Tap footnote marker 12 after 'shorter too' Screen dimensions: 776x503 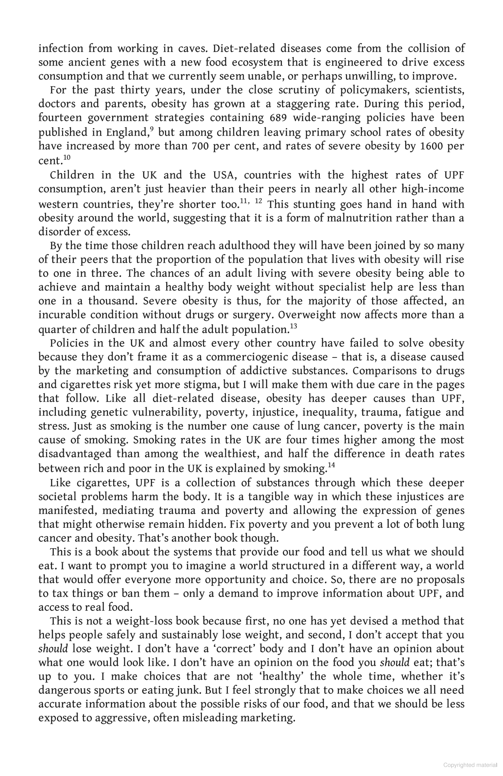click(x=258, y=201)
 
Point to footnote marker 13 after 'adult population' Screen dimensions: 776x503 click(x=293, y=326)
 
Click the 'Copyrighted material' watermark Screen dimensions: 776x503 click(x=470, y=765)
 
